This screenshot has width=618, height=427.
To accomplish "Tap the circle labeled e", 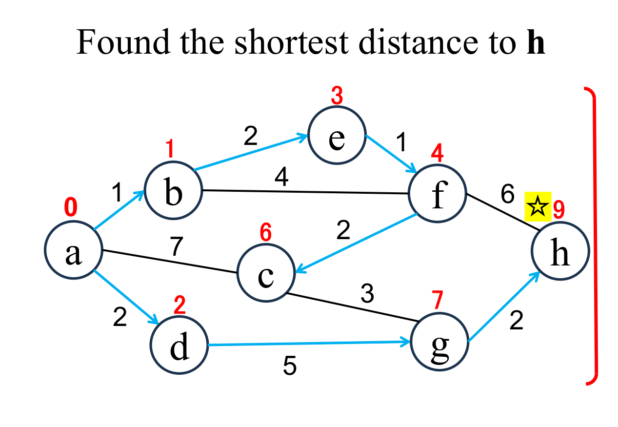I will pyautogui.click(x=337, y=137).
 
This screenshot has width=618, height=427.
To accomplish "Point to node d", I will pyautogui.click(x=179, y=345).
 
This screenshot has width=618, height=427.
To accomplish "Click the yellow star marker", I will pyautogui.click(x=538, y=206).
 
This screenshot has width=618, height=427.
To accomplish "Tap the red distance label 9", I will pyautogui.click(x=559, y=209).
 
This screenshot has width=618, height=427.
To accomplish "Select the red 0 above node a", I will pyautogui.click(x=71, y=208).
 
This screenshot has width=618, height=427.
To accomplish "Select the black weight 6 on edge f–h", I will pyautogui.click(x=507, y=195).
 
